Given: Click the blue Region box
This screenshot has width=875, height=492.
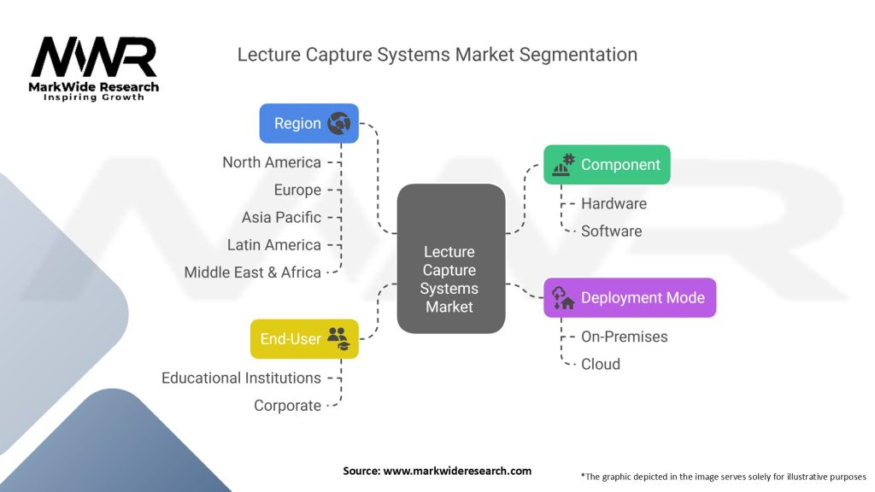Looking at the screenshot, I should click(x=308, y=124).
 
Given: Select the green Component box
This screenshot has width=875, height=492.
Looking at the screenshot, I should click(x=607, y=165).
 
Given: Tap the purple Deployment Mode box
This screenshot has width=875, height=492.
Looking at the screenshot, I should click(x=630, y=298).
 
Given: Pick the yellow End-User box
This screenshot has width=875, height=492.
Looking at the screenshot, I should click(x=303, y=339).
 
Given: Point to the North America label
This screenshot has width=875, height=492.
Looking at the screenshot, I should click(x=272, y=162).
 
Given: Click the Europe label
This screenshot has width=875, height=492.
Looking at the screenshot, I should click(x=297, y=190).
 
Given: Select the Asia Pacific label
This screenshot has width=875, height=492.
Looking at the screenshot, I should click(x=281, y=217).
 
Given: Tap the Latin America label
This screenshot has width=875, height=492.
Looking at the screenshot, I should click(x=274, y=244).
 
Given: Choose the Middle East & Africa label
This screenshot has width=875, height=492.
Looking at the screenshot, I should click(x=253, y=272).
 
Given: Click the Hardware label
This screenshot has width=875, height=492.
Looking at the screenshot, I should click(x=614, y=203).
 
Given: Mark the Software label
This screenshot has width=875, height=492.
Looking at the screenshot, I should click(x=611, y=231).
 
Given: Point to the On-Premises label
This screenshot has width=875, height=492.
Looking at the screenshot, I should click(x=625, y=337).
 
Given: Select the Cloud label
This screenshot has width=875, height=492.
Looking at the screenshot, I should click(x=601, y=364).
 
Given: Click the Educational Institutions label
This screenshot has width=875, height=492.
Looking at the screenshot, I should click(x=242, y=378).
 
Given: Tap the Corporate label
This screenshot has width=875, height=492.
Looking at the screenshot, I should click(x=287, y=406).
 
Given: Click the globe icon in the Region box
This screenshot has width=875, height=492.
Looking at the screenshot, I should click(x=339, y=124).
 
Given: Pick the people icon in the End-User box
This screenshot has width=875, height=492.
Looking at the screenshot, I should click(x=338, y=338).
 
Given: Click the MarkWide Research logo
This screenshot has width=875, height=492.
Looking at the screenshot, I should click(x=94, y=68).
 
